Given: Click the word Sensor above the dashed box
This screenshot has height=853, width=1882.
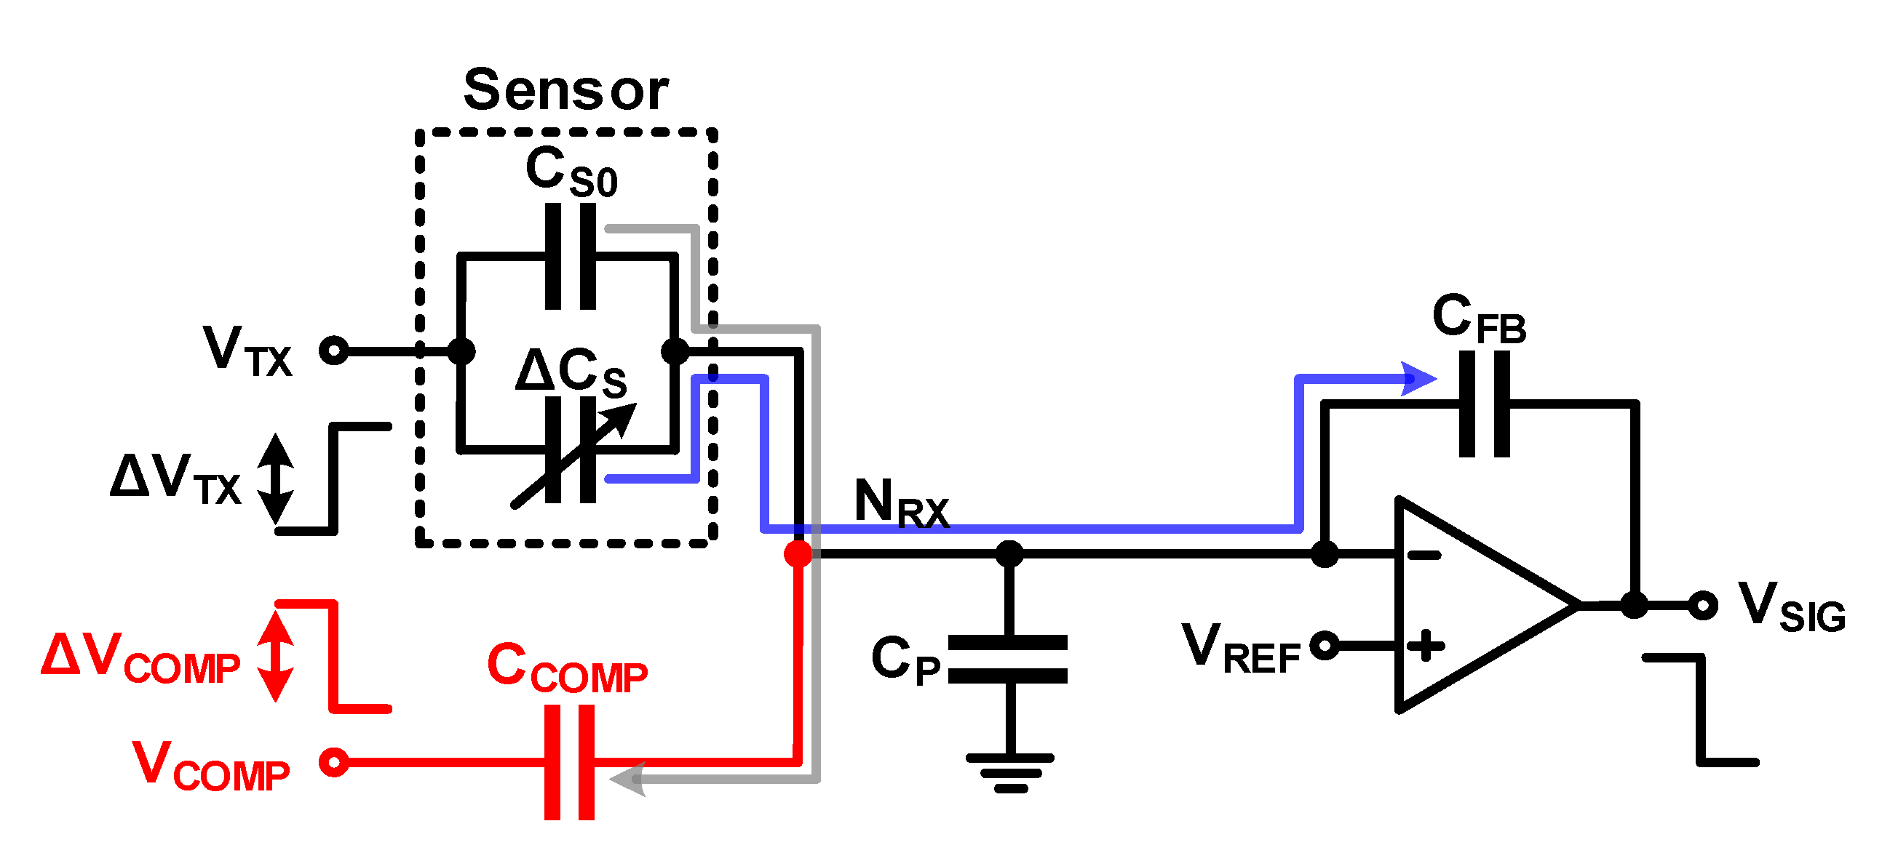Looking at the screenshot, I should coord(566,91).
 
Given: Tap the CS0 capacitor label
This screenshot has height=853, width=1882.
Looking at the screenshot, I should coord(571,172).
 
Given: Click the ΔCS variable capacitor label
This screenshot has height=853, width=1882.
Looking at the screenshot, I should coord(571,372).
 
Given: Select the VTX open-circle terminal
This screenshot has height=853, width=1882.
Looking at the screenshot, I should coord(334,351).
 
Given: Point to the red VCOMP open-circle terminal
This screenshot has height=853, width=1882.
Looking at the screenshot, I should coord(334,762).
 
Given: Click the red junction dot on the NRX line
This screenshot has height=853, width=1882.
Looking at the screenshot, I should coord(798,553).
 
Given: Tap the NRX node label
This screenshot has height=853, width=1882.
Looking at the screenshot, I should coord(901,503).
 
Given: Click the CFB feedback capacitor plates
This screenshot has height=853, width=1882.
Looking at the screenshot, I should coord(1484,404).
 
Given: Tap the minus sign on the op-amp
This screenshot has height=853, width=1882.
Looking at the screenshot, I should coord(1424,556).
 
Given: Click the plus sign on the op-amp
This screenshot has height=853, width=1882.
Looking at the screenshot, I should coord(1426,646).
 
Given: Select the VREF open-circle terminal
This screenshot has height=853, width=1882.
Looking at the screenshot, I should coord(1325,646).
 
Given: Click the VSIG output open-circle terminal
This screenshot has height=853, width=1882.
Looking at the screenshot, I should coord(1703,606).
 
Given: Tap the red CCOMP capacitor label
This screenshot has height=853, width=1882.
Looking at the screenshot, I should coord(567,668).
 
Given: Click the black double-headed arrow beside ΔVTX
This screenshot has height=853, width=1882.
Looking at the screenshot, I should coord(275,478).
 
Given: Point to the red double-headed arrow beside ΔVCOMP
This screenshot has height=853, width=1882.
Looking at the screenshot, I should coord(275,655).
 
